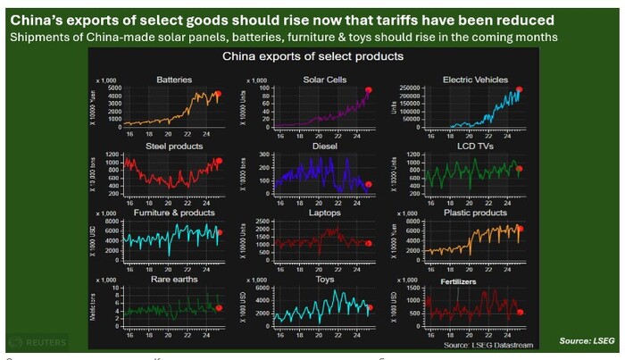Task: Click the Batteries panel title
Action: tap(173, 80)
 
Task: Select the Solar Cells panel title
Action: tap(319, 80)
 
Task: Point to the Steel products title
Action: tap(173, 147)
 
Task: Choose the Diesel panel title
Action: tap(324, 147)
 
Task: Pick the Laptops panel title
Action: tap(323, 213)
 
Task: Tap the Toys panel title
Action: tap(324, 279)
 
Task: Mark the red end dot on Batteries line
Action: tap(218, 94)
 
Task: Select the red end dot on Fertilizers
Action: tap(520, 312)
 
